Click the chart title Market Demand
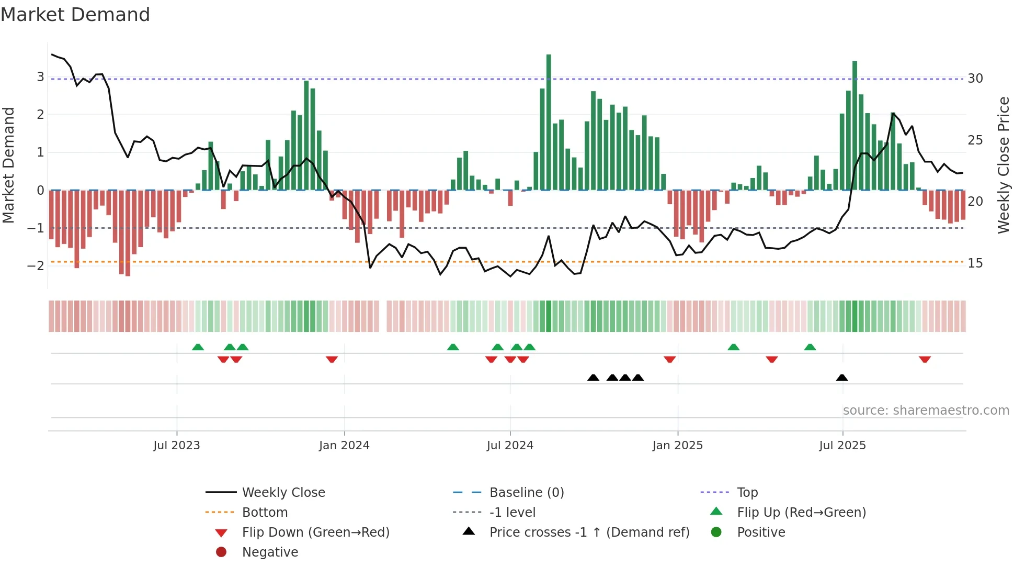pyautogui.click(x=75, y=15)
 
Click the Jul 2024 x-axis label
pyautogui.click(x=510, y=446)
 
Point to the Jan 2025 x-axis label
pyautogui.click(x=678, y=446)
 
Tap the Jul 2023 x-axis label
pyautogui.click(x=177, y=446)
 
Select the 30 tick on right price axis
pyautogui.click(x=975, y=79)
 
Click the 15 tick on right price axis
pyautogui.click(x=975, y=263)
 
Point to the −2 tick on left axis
pyautogui.click(x=36, y=266)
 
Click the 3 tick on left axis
pyautogui.click(x=40, y=77)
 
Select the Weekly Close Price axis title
pyautogui.click(x=1003, y=165)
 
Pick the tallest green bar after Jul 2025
pyautogui.click(x=855, y=126)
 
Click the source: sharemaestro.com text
pyautogui.click(x=926, y=410)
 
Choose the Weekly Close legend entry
pyautogui.click(x=283, y=493)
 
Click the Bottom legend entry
pyautogui.click(x=265, y=513)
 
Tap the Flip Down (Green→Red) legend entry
pyautogui.click(x=315, y=532)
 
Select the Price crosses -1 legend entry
pyautogui.click(x=589, y=532)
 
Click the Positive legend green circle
pyautogui.click(x=716, y=532)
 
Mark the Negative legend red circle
pyautogui.click(x=221, y=552)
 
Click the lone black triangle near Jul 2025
pyautogui.click(x=842, y=378)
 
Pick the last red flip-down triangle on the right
pyautogui.click(x=925, y=359)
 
